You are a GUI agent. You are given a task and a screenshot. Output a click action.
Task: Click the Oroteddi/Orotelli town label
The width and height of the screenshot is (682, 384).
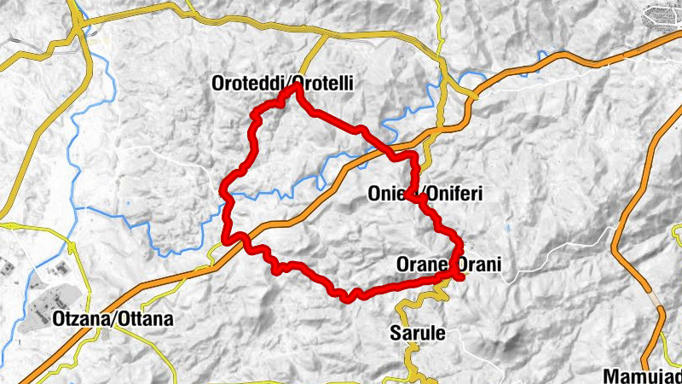(282, 83)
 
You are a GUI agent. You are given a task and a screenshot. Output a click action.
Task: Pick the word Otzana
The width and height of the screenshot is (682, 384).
(71, 319)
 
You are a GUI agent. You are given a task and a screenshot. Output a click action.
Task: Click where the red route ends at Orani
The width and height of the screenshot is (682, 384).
(460, 275)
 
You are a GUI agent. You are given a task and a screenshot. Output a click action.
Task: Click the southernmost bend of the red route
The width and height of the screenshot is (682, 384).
(348, 298)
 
